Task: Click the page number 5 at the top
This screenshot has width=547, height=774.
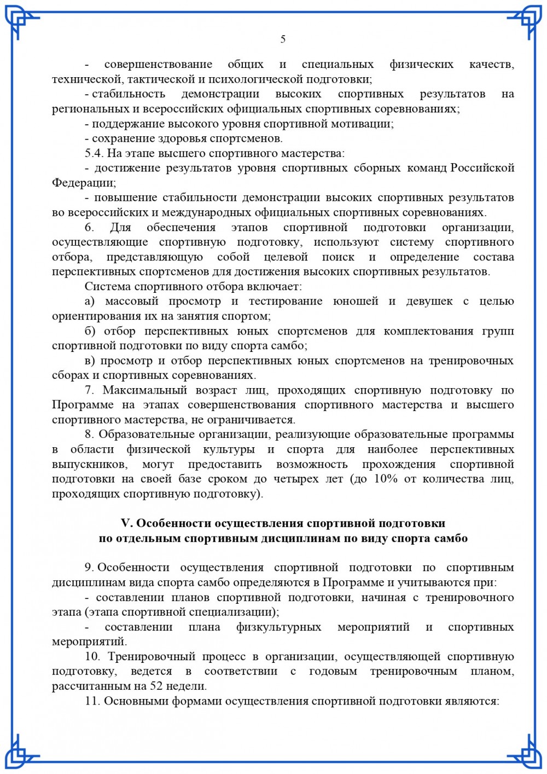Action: tap(283, 39)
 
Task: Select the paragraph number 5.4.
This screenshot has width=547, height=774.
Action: tap(94, 153)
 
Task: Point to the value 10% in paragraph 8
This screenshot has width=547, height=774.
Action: tap(386, 479)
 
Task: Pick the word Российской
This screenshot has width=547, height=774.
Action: tap(482, 168)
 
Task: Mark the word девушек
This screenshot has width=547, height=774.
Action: tap(429, 301)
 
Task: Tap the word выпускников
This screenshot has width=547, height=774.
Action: tap(90, 464)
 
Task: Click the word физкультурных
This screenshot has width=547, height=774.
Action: tap(279, 627)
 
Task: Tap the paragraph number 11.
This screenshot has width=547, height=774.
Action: tap(92, 701)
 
